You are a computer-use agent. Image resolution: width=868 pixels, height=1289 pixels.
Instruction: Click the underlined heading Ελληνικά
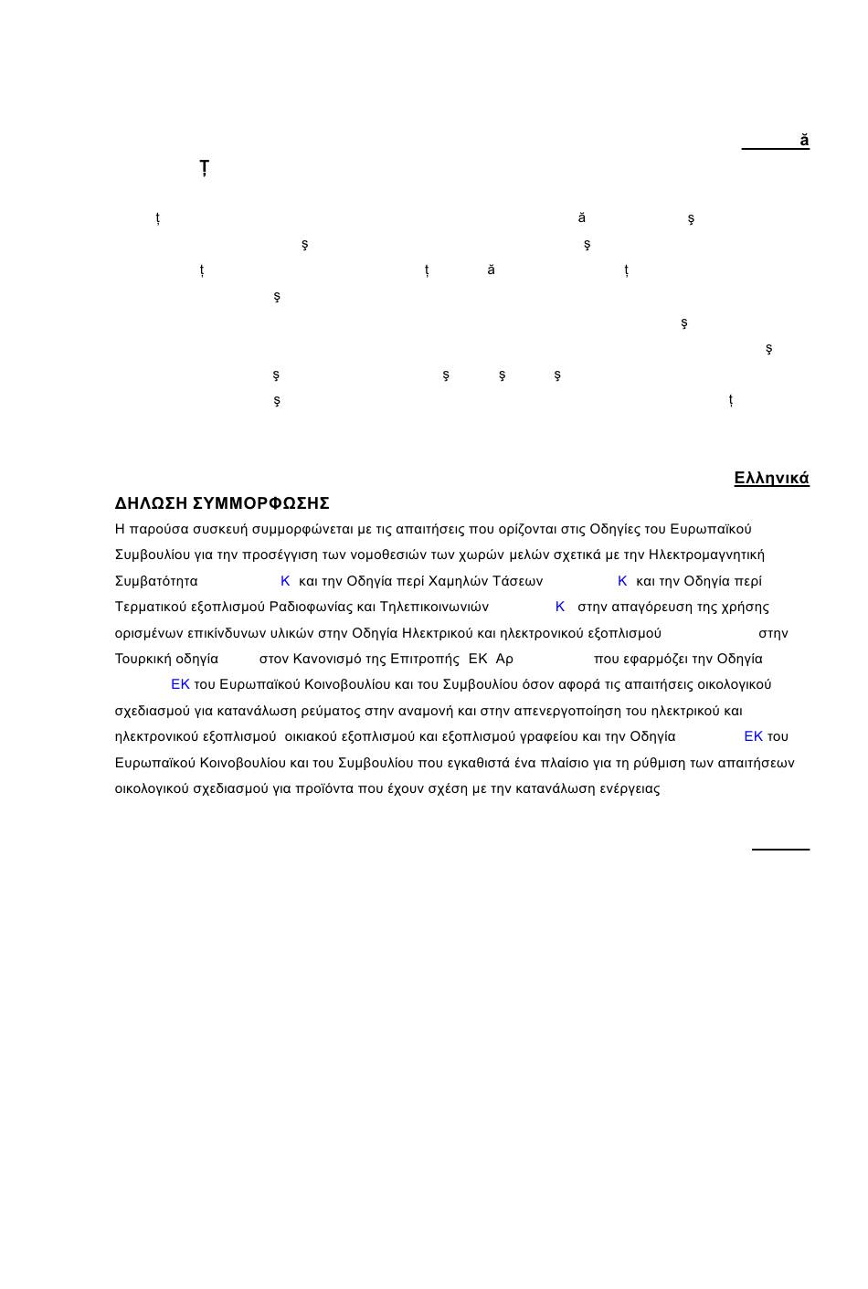pyautogui.click(x=771, y=478)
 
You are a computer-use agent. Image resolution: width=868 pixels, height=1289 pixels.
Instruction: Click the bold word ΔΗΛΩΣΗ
pyautogui.click(x=151, y=503)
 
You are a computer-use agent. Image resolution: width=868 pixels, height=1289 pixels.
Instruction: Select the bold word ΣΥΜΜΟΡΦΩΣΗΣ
pyautogui.click(x=261, y=503)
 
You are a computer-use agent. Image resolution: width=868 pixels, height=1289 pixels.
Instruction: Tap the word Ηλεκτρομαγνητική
pyautogui.click(x=706, y=555)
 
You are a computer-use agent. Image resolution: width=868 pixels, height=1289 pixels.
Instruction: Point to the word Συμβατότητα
pyautogui.click(x=156, y=581)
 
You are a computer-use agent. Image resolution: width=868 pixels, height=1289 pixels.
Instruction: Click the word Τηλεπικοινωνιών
pyautogui.click(x=434, y=607)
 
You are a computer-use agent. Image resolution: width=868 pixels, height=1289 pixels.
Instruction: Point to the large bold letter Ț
pyautogui.click(x=204, y=168)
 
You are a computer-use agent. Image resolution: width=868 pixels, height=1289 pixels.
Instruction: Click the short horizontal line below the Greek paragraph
pyautogui.click(x=780, y=850)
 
